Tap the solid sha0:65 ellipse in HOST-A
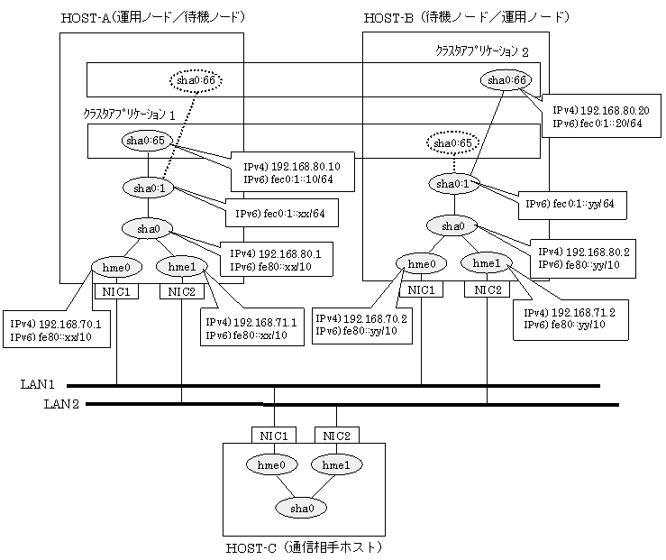[x=146, y=141]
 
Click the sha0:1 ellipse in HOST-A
[x=149, y=188]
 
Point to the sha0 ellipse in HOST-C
[x=302, y=509]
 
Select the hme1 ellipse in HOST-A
[x=182, y=266]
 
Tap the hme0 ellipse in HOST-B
[x=422, y=264]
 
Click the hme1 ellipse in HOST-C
[x=336, y=464]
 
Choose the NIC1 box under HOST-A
[x=116, y=291]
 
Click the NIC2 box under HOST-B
[x=488, y=289]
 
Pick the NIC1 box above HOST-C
[x=274, y=436]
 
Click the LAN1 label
[x=38, y=384]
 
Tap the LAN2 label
[x=61, y=404]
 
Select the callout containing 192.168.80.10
[x=293, y=172]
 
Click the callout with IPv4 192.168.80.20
[x=601, y=116]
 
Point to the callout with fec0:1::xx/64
[x=281, y=213]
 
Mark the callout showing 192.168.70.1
[x=57, y=330]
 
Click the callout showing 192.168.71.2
[x=570, y=319]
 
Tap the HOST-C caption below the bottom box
[x=304, y=547]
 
